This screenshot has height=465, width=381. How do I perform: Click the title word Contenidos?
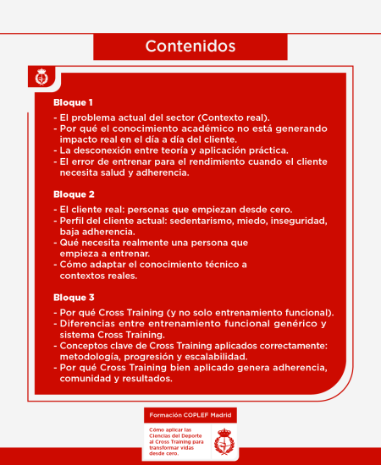click(190, 45)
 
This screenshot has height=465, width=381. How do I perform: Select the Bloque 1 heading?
click(73, 102)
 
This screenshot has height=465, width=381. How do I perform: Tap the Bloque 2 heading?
click(73, 193)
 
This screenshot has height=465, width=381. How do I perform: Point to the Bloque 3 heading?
click(73, 297)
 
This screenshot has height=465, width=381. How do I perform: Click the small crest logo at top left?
click(41, 78)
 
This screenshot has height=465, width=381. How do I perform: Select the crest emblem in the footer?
click(224, 440)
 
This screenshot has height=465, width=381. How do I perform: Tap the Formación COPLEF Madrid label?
click(190, 416)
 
